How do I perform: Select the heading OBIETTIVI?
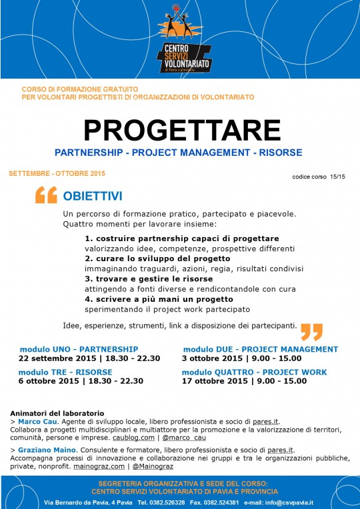coord(92,197)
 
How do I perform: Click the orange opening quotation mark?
coord(45,195)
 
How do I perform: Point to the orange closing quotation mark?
coord(311,330)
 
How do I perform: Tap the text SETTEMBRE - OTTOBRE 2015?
coord(57,173)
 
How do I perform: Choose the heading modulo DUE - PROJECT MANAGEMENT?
coord(260,349)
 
